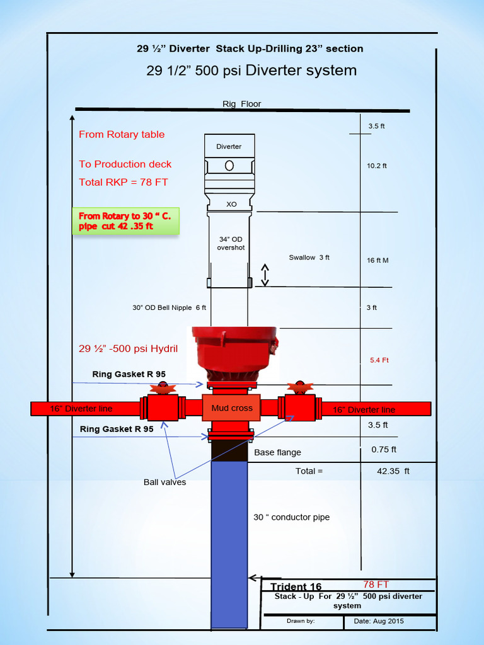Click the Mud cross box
click(232, 408)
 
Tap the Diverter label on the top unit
click(229, 147)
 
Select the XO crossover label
click(231, 204)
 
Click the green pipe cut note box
click(125, 221)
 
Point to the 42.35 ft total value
click(393, 471)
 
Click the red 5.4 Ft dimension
click(379, 360)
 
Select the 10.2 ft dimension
click(377, 166)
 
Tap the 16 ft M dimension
click(377, 260)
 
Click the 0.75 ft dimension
click(383, 450)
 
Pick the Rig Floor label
click(241, 104)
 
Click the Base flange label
click(277, 452)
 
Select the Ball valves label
click(164, 482)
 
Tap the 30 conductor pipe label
click(291, 517)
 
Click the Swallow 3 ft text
click(309, 258)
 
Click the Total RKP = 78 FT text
click(124, 182)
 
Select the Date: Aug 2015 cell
click(380, 621)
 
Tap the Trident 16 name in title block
click(296, 587)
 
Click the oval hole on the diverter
click(229, 165)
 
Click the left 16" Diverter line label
click(81, 409)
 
